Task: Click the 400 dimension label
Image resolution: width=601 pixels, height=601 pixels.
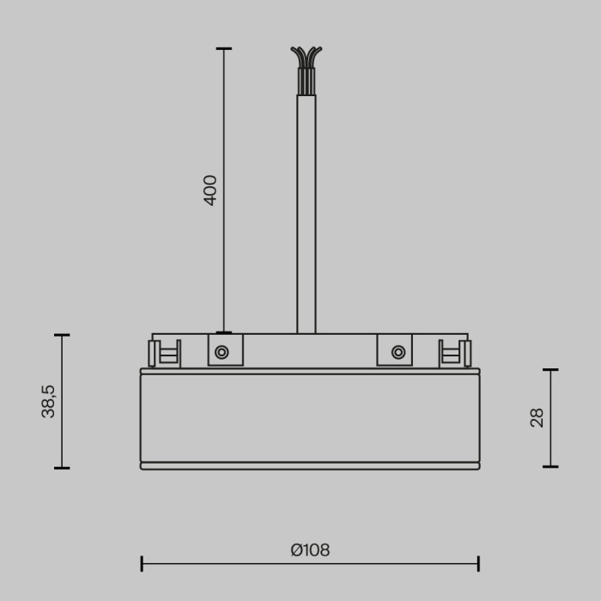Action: click(x=210, y=190)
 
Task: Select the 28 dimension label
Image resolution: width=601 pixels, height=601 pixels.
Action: click(x=537, y=418)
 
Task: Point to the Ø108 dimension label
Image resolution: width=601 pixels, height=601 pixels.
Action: click(x=310, y=550)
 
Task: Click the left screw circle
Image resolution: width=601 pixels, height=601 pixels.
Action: click(x=222, y=352)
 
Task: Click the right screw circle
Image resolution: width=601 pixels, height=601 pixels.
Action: click(x=398, y=352)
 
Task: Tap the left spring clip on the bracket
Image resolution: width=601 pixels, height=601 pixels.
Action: click(x=165, y=353)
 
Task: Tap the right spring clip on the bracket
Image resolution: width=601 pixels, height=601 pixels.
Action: click(x=455, y=353)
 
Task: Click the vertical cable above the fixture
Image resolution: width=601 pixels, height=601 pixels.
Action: click(x=307, y=215)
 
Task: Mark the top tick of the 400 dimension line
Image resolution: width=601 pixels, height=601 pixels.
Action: click(x=224, y=49)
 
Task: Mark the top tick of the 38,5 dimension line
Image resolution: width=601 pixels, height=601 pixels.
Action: click(x=62, y=335)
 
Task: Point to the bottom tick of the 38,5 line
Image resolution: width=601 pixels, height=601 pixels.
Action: click(x=62, y=468)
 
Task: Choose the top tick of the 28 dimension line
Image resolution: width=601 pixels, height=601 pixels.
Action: click(x=550, y=370)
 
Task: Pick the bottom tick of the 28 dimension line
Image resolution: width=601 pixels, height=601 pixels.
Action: click(x=550, y=467)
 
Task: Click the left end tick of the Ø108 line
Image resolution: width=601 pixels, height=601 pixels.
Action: click(x=142, y=564)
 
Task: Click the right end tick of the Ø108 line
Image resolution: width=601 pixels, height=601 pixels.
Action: click(x=478, y=564)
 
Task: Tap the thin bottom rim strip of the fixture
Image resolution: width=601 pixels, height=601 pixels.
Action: click(x=310, y=466)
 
